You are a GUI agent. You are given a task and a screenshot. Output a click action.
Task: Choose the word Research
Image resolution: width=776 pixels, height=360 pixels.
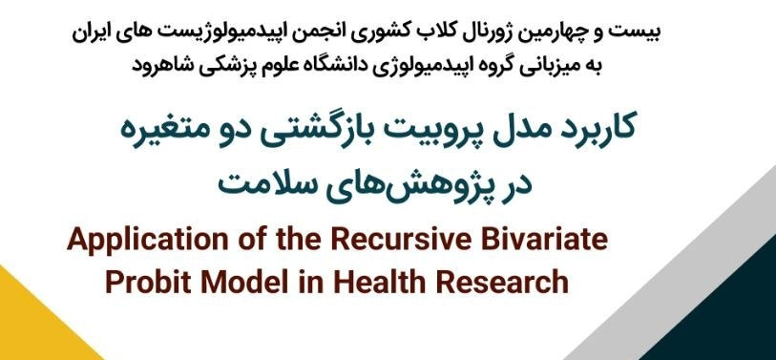pyautogui.click(x=505, y=282)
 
